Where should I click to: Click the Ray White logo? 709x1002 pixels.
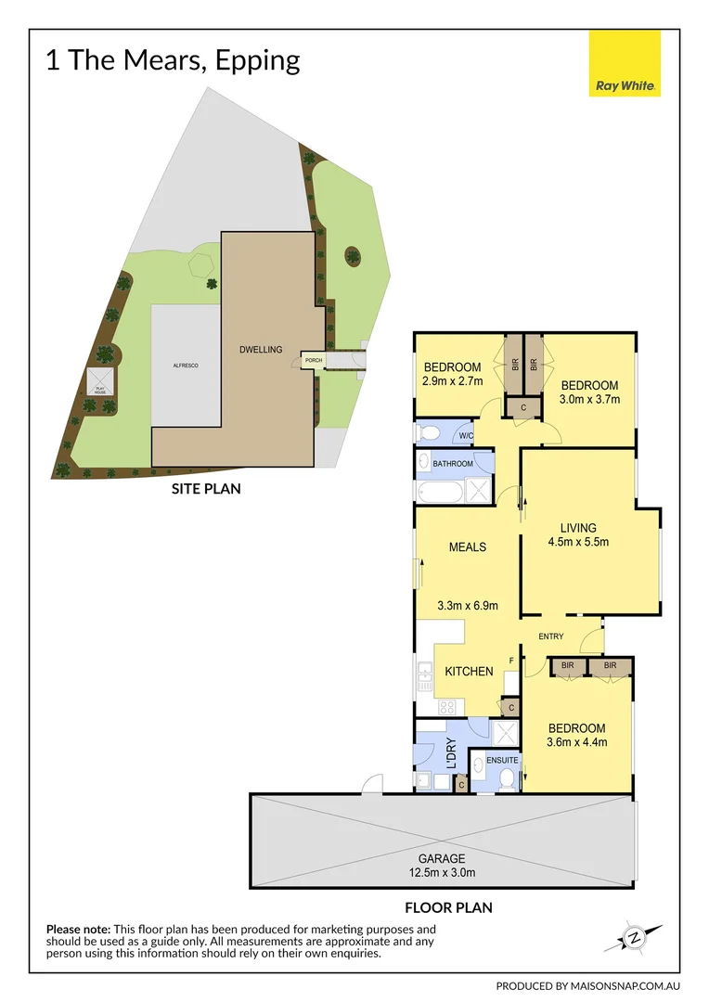(625, 63)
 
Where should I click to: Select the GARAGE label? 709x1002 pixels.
(441, 858)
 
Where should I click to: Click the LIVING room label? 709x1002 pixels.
(578, 528)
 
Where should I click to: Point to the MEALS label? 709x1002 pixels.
(468, 546)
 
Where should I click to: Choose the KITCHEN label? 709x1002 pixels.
(469, 671)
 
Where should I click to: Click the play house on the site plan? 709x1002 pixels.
(99, 380)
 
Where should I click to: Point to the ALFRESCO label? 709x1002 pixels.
(186, 366)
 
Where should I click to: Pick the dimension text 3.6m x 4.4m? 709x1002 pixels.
(576, 742)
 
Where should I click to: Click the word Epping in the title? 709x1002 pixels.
(257, 61)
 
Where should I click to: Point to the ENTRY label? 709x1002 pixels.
(551, 636)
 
